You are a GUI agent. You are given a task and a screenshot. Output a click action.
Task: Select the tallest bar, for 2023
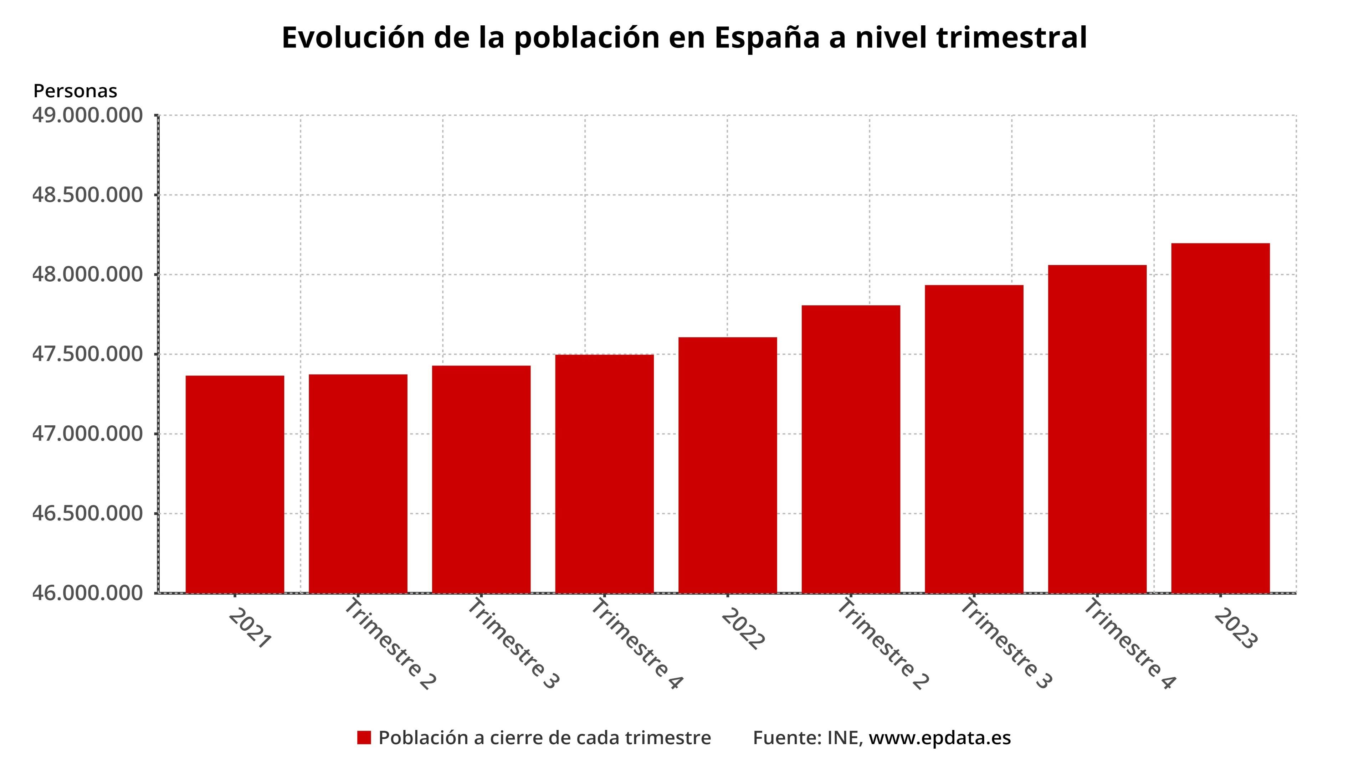1220,418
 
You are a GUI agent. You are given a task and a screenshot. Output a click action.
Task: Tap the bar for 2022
728,464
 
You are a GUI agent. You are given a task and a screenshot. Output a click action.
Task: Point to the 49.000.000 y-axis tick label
88,115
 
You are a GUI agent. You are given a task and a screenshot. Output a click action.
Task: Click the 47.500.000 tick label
88,354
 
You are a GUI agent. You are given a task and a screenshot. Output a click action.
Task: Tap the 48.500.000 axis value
88,195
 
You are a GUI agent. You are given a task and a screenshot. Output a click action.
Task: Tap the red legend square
364,738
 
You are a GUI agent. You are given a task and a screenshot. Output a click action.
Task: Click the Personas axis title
75,91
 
